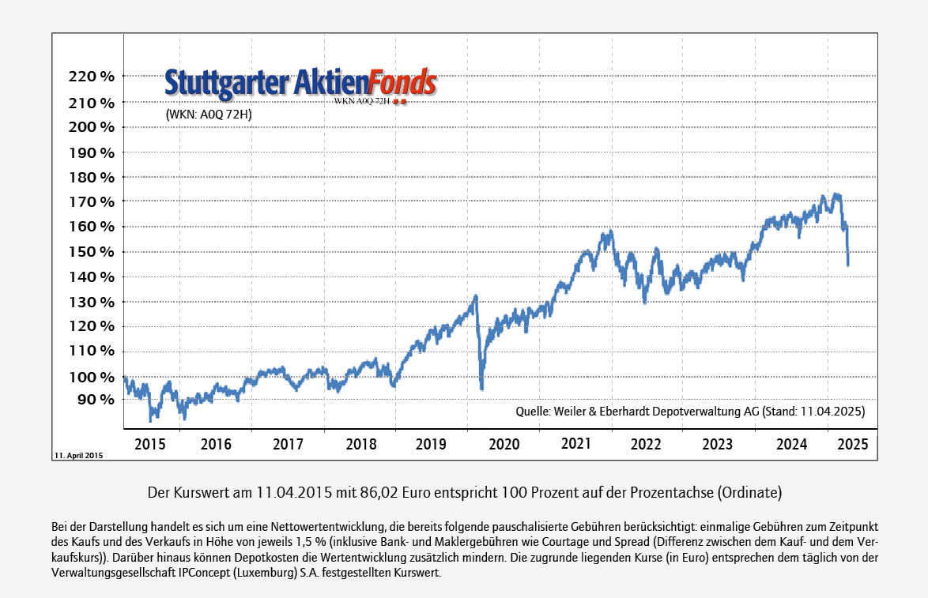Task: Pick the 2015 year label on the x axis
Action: [150, 444]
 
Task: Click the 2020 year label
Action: [504, 444]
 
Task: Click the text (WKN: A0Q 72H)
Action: [209, 115]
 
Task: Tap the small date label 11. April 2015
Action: [78, 456]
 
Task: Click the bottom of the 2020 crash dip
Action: [481, 388]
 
